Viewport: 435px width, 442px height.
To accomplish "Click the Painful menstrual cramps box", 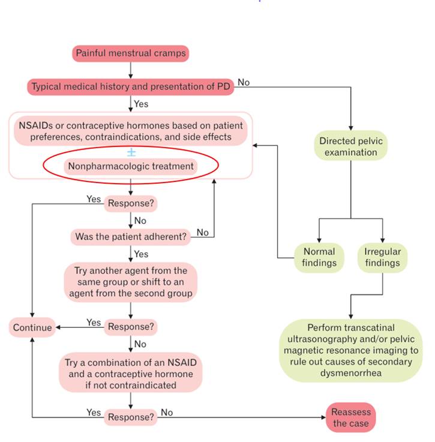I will click(x=131, y=53).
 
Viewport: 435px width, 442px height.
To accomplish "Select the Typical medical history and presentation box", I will click(x=130, y=86).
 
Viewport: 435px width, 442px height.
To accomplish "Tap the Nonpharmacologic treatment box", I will click(x=130, y=166).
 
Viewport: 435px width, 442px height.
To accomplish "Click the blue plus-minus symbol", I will click(x=131, y=151).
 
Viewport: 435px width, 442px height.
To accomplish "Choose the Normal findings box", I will click(x=319, y=257).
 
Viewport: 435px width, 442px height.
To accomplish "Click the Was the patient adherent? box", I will click(x=130, y=237).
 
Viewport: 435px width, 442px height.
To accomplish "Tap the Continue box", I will click(x=34, y=327).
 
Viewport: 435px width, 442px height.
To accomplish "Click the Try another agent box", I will click(x=130, y=282).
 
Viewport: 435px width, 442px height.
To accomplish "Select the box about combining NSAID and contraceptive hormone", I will click(x=130, y=372).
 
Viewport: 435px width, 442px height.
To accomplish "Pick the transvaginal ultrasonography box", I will click(x=350, y=351).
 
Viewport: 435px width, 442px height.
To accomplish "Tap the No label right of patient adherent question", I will click(x=203, y=232).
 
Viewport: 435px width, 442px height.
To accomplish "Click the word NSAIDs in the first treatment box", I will click(x=34, y=126).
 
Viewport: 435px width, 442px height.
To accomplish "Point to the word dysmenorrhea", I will click(x=350, y=373).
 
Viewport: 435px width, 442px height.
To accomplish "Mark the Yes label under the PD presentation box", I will click(x=141, y=104).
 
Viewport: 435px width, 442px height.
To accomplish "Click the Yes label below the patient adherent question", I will click(x=141, y=254).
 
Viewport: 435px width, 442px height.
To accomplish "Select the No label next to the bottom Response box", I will click(x=166, y=413).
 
